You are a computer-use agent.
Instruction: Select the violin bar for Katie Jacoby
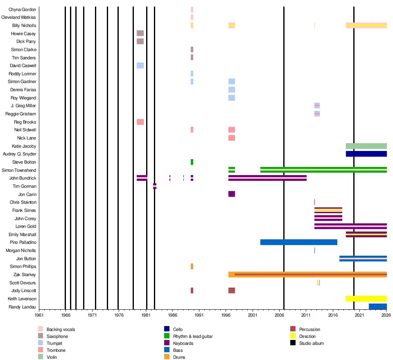coord(366,146)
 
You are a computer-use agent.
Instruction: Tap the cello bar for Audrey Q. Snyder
coord(366,154)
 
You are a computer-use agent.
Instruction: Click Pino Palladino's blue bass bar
coord(298,242)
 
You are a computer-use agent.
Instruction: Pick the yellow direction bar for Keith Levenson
coord(366,299)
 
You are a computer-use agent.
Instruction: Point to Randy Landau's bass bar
coord(377,306)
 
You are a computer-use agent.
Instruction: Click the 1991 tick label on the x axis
coord(199,315)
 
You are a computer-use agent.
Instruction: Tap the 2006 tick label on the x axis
coord(279,315)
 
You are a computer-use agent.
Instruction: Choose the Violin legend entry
coord(52,357)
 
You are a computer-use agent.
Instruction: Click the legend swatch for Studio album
coord(293,343)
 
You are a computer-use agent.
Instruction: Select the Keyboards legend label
coord(183,343)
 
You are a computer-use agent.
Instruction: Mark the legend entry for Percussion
coord(309,329)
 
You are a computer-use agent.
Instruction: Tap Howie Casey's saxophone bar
coord(140,33)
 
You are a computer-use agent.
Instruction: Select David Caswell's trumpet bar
coord(140,65)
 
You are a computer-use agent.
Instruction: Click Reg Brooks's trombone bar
coord(140,122)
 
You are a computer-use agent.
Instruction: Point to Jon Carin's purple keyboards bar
coord(232,194)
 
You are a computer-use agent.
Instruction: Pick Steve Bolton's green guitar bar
coord(192,162)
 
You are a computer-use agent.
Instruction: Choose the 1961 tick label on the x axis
coord(39,315)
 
